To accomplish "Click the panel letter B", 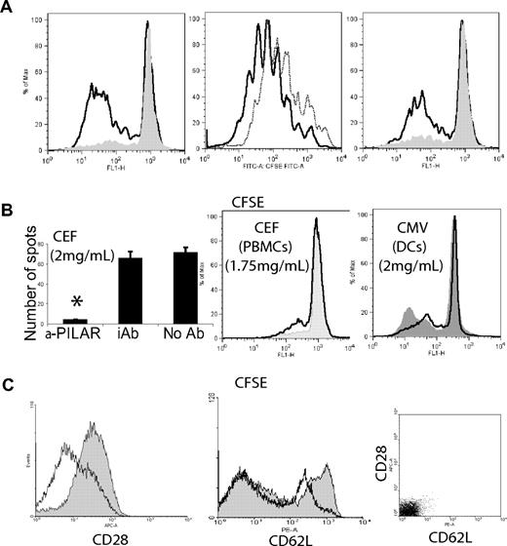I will (9, 210).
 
